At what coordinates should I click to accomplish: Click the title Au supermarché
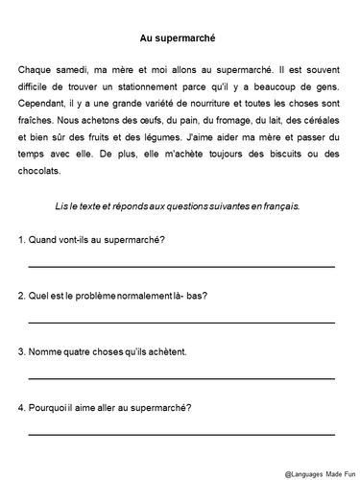180,38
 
